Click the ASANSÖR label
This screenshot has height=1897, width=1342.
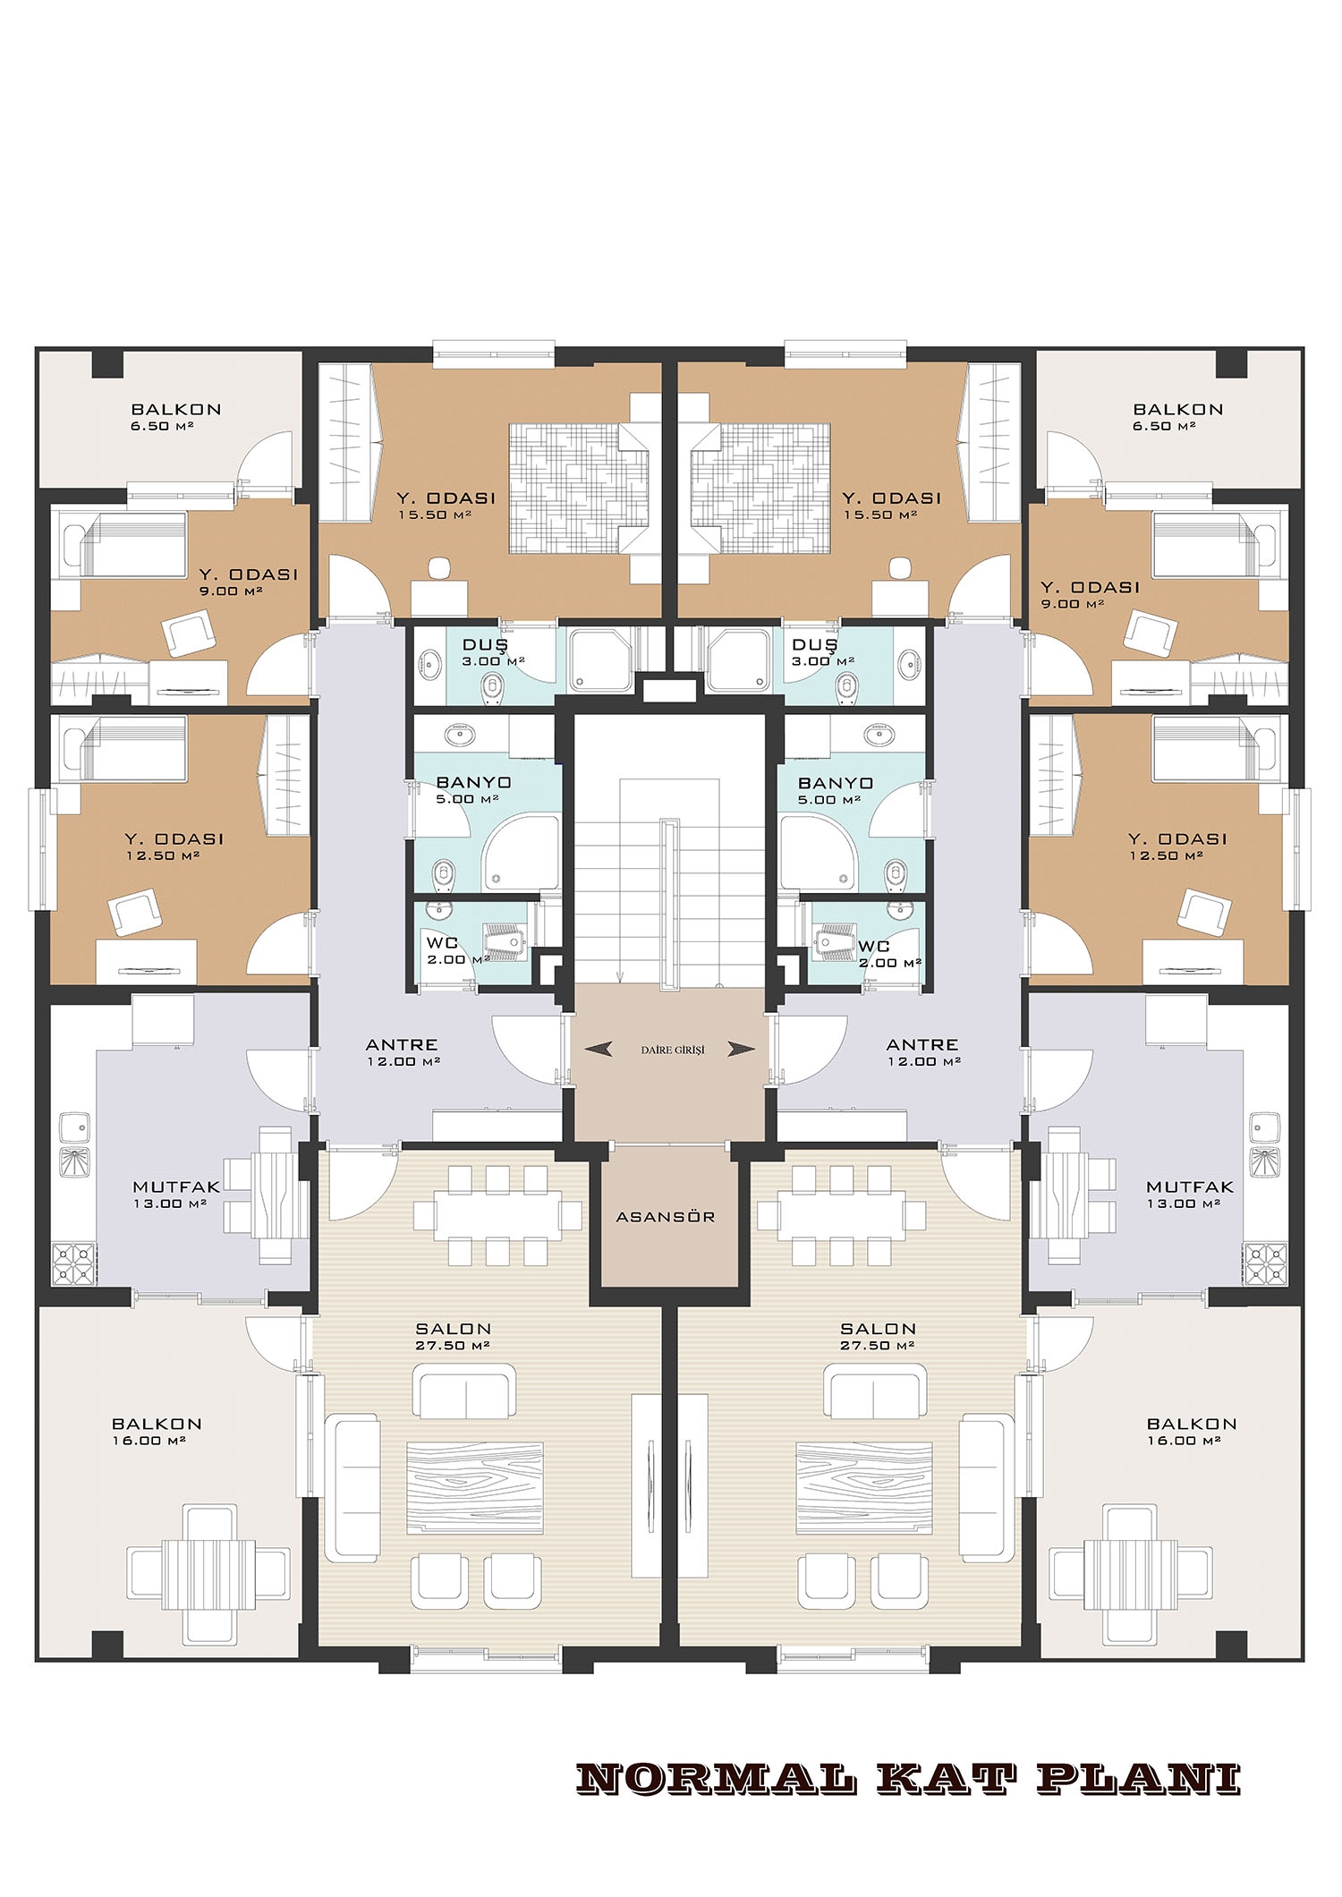click(666, 1217)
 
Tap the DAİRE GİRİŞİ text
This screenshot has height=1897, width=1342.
click(666, 1050)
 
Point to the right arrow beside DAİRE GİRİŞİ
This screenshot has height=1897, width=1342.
click(741, 1050)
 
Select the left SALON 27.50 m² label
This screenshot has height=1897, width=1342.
click(454, 1337)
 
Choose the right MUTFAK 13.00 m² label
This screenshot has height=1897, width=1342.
click(1190, 1195)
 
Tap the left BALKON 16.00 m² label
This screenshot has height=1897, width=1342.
click(157, 1432)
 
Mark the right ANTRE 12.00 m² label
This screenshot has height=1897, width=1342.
click(922, 1052)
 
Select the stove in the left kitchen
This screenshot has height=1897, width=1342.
click(72, 1264)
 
